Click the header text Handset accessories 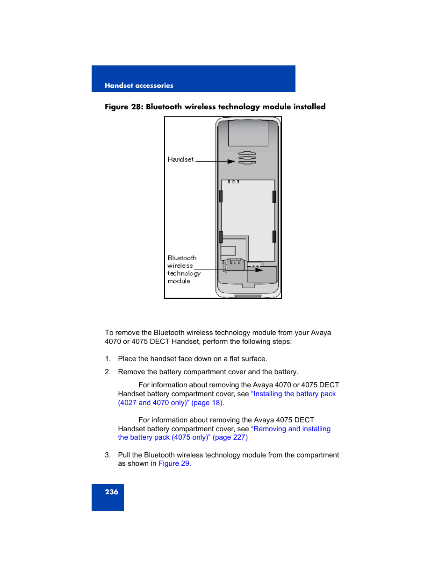[139, 85]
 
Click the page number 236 [111, 492]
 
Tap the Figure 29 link [174, 463]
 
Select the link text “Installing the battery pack [293, 394]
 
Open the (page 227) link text [230, 437]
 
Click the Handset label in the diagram [180, 159]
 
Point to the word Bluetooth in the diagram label [182, 258]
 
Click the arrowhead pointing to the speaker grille [231, 162]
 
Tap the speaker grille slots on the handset [247, 158]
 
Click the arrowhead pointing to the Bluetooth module [259, 270]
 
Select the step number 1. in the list [108, 359]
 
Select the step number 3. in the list [108, 455]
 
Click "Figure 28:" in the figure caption [124, 107]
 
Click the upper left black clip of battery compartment [221, 196]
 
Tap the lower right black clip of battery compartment [274, 236]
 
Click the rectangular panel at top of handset [248, 133]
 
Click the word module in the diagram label [179, 281]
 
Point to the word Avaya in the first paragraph [321, 333]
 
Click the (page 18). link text [208, 403]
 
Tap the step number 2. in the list [108, 372]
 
